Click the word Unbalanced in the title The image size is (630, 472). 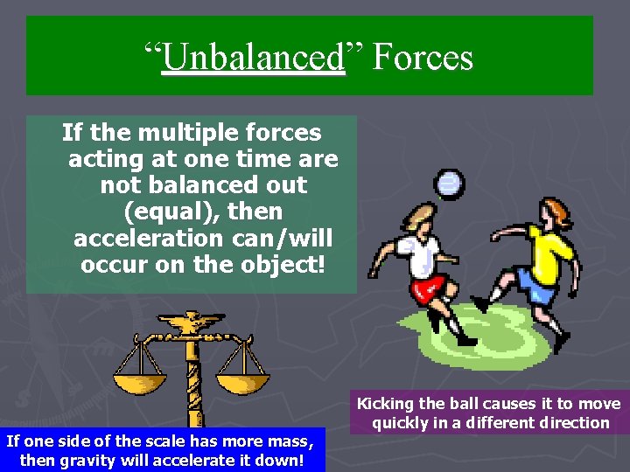pyautogui.click(x=255, y=58)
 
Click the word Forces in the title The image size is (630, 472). pyautogui.click(x=423, y=58)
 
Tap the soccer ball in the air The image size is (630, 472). pyautogui.click(x=450, y=183)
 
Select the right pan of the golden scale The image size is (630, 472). pyautogui.click(x=241, y=383)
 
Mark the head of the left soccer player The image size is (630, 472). pyautogui.click(x=415, y=217)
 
